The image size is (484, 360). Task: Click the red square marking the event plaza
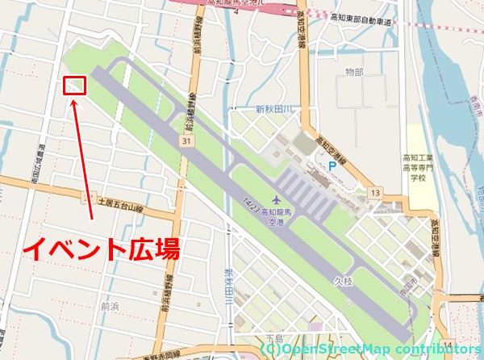click(75, 85)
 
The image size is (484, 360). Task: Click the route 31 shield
click(186, 141)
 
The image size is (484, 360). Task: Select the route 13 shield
click(375, 192)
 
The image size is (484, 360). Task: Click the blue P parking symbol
click(332, 165)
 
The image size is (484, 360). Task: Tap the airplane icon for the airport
click(277, 198)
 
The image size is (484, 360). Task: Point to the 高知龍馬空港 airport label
click(279, 215)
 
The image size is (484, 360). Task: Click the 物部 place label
click(354, 73)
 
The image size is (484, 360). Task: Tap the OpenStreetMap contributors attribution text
click(370, 349)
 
